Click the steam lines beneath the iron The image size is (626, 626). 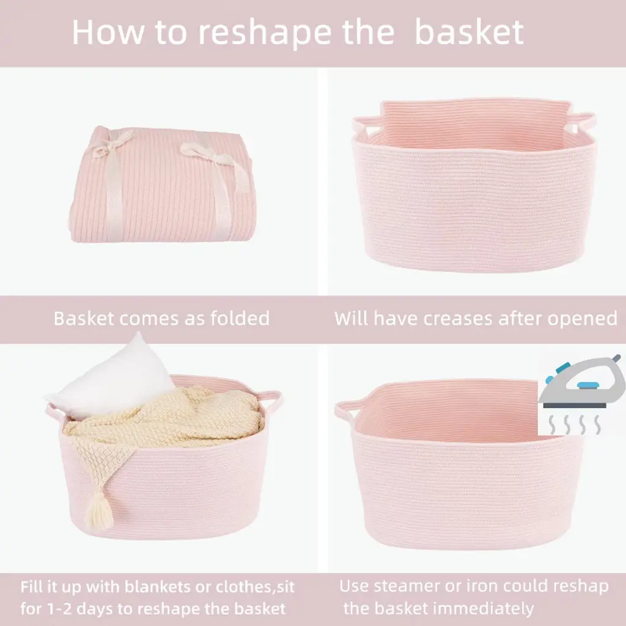574,425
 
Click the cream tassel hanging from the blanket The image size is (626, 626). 98,511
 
